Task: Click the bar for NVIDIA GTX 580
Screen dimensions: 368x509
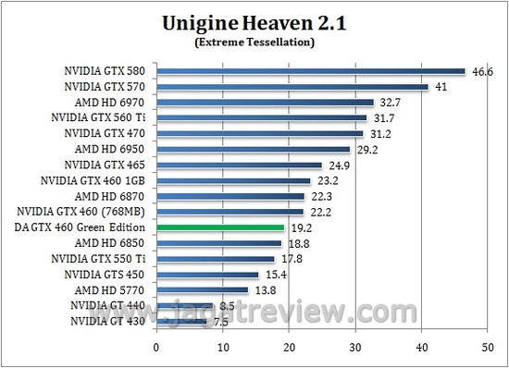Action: [x=310, y=70]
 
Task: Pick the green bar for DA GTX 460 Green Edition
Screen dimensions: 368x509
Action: [x=219, y=227]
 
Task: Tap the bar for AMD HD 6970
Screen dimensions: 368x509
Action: [x=264, y=102]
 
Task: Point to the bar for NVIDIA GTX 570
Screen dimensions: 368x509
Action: [x=292, y=86]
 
